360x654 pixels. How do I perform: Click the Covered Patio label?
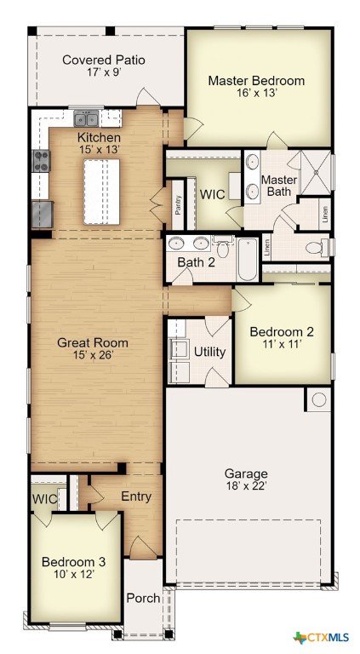pyautogui.click(x=104, y=60)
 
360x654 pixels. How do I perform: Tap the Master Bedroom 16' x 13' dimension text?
pyautogui.click(x=256, y=93)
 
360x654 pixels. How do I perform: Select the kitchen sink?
pyautogui.click(x=86, y=118)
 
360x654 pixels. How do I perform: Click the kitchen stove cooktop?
pyautogui.click(x=42, y=161)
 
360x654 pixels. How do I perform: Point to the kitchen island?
pyautogui.click(x=101, y=192)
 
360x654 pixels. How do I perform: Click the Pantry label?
pyautogui.click(x=178, y=204)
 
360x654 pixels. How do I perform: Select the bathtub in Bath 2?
pyautogui.click(x=248, y=259)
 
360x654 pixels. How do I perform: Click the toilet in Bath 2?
pyautogui.click(x=223, y=247)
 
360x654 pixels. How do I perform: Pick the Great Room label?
pyautogui.click(x=93, y=343)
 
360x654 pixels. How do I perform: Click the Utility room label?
pyautogui.click(x=210, y=352)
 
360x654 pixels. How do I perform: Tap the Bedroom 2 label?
pyautogui.click(x=282, y=332)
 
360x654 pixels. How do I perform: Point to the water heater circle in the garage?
pyautogui.click(x=319, y=399)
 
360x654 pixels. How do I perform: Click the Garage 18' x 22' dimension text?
pyautogui.click(x=246, y=486)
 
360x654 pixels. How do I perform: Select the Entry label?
pyautogui.click(x=136, y=496)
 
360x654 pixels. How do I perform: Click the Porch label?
pyautogui.click(x=143, y=598)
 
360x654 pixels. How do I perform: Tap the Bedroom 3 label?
pyautogui.click(x=74, y=561)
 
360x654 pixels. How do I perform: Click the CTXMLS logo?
pyautogui.click(x=321, y=637)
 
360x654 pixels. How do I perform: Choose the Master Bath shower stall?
pyautogui.click(x=316, y=172)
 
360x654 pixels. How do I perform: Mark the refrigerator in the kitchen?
pyautogui.click(x=43, y=215)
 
